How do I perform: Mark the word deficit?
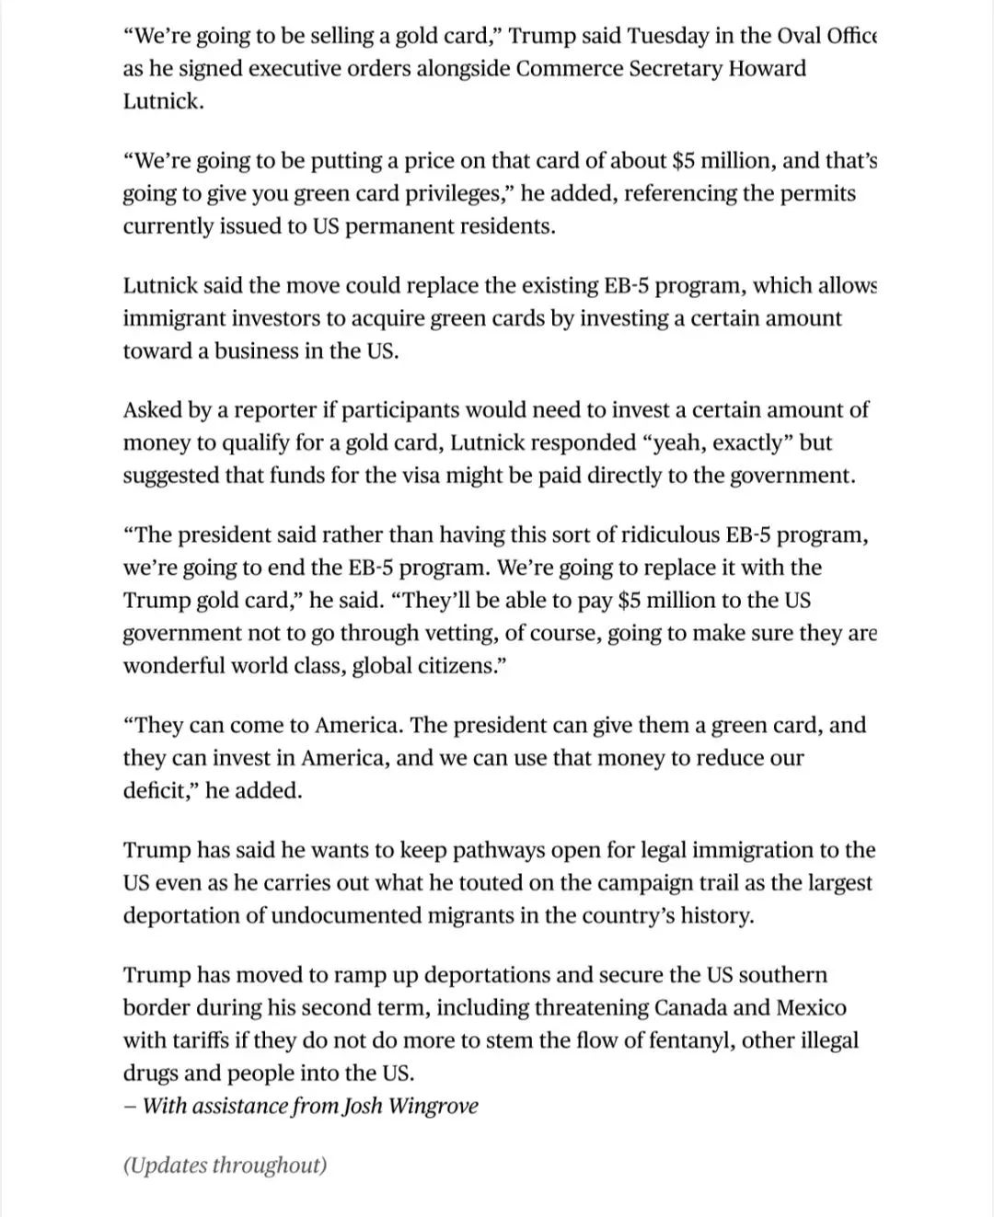[157, 791]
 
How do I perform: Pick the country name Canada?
[699, 1008]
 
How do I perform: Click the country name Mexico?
[811, 1008]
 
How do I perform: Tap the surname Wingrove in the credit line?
[433, 1106]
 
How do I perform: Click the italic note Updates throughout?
[225, 1165]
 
